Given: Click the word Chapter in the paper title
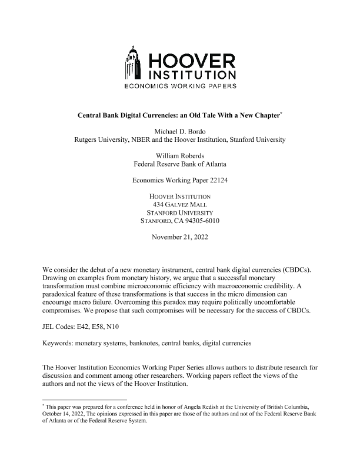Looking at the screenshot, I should (264, 115).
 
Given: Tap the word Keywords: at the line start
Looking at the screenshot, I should (59, 342).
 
